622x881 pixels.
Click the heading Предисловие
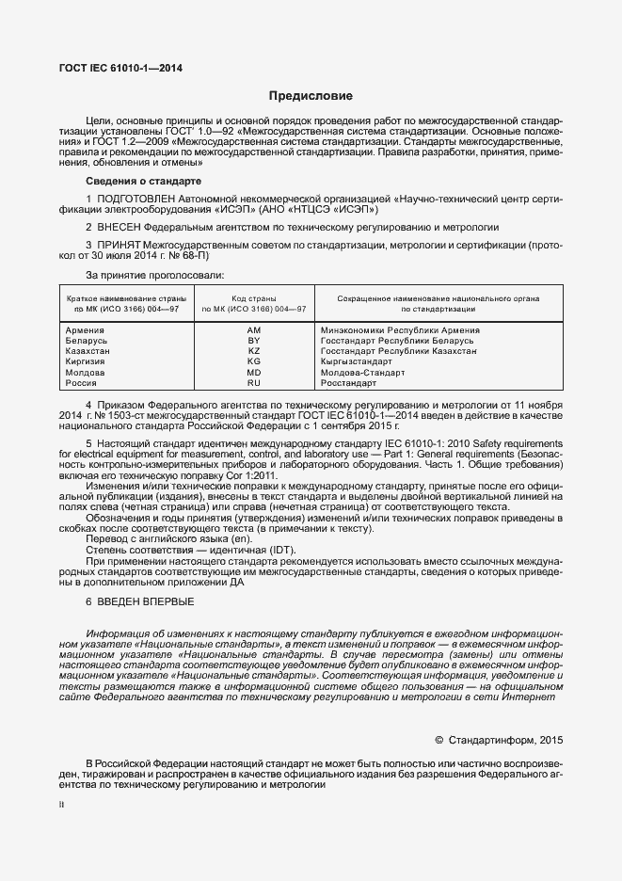[311, 96]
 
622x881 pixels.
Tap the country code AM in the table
[253, 330]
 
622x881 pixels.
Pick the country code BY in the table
[253, 341]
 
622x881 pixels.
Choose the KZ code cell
[253, 351]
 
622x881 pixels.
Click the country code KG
[253, 361]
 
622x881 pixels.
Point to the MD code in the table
[253, 373]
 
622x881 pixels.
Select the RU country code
[253, 383]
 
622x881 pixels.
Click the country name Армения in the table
[86, 330]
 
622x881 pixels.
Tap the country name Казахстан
[88, 351]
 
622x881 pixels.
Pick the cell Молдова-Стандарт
[363, 373]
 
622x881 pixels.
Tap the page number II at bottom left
[61, 806]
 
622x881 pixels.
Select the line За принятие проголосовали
[154, 275]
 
